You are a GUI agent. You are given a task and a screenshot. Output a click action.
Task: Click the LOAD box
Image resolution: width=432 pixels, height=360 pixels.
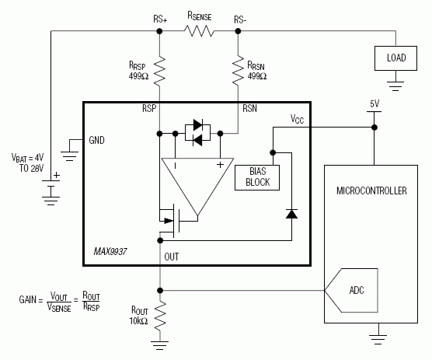coord(395,57)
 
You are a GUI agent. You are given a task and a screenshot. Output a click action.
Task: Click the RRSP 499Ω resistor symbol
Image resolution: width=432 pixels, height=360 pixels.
coord(159,71)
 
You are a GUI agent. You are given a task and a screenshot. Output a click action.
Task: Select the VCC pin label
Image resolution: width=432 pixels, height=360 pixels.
coord(298,119)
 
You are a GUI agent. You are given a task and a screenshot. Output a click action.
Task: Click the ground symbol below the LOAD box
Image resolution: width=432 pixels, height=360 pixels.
coord(395,81)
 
